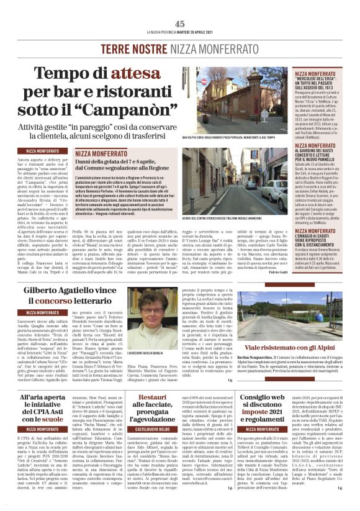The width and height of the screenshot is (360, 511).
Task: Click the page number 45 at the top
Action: click(x=180, y=24)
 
